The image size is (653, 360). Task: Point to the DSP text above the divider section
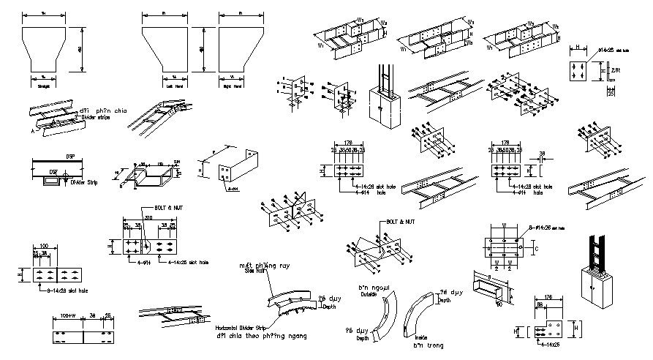coord(70,156)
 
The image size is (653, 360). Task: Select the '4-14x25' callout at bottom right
coord(552,342)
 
